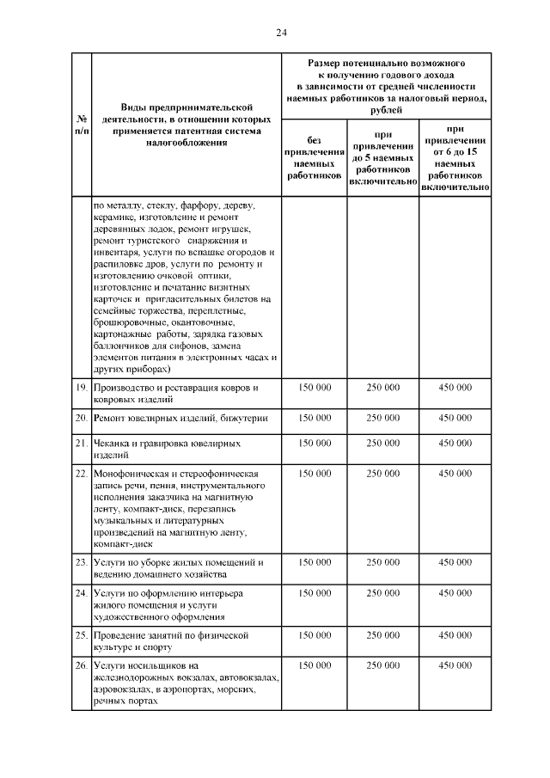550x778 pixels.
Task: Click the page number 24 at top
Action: [x=280, y=33]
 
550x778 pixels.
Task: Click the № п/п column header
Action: [x=81, y=125]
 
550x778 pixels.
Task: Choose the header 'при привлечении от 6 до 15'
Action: [x=455, y=158]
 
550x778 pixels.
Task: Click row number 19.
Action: [x=81, y=388]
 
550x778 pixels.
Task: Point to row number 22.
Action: [x=81, y=473]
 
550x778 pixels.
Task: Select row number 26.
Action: [x=81, y=665]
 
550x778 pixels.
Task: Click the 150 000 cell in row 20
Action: [x=315, y=418]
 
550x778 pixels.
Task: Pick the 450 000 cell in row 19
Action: [x=455, y=388]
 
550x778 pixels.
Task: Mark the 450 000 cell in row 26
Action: [x=455, y=665]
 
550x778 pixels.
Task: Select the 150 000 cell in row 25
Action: [x=315, y=635]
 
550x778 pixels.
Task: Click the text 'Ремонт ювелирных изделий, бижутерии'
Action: [x=180, y=418]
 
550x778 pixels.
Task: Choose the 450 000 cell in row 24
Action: [x=455, y=592]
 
